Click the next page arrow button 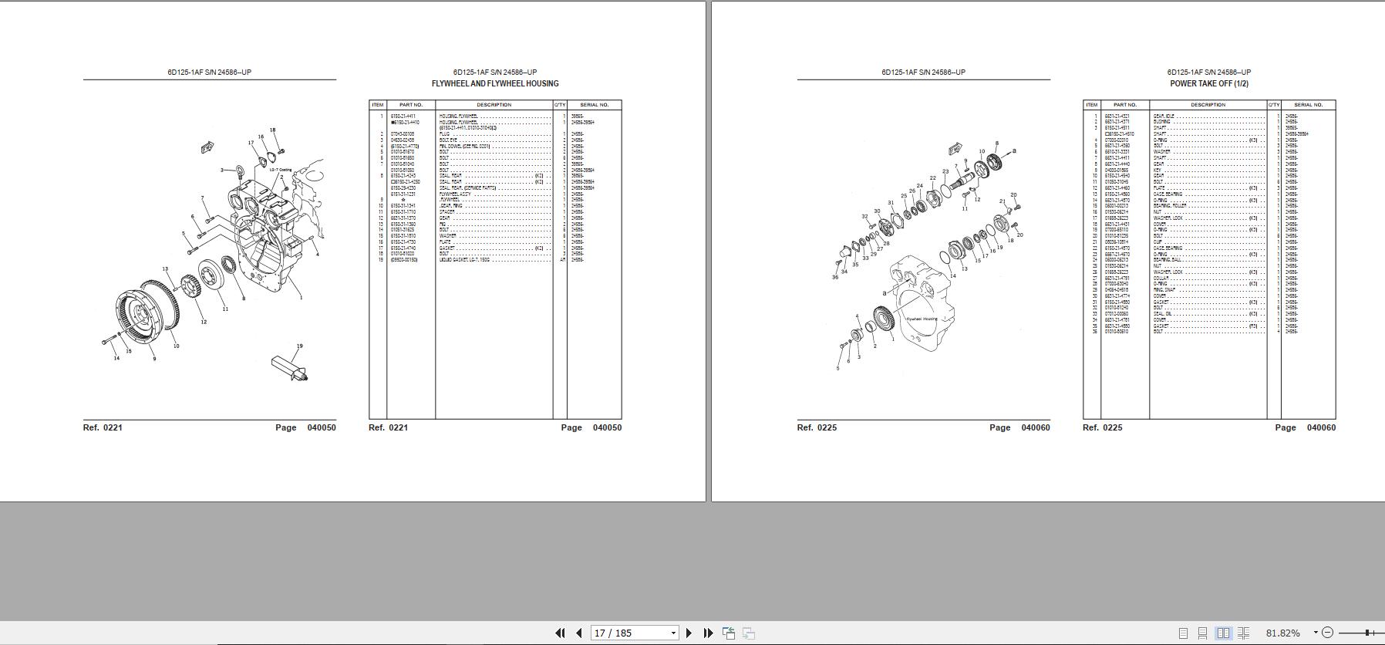click(x=689, y=633)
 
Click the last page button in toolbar click(x=708, y=633)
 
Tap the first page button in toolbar click(x=560, y=633)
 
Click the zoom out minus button click(x=1327, y=633)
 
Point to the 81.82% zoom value click(x=1282, y=633)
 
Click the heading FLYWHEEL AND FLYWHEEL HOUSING click(x=495, y=83)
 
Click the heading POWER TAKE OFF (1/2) click(x=1208, y=83)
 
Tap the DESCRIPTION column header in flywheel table click(x=494, y=105)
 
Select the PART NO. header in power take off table click(x=1124, y=105)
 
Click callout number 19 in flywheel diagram click(x=300, y=346)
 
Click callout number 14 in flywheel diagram click(x=116, y=358)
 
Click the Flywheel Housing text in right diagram click(x=922, y=319)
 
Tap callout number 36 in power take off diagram click(x=835, y=277)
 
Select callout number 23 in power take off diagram click(x=945, y=172)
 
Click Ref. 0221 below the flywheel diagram click(x=103, y=427)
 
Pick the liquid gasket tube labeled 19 click(x=289, y=367)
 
